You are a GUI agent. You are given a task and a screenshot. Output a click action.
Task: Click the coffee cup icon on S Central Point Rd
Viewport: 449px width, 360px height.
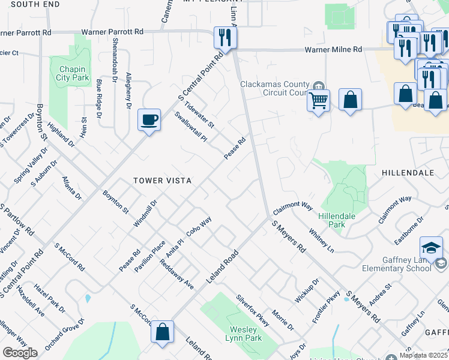148,119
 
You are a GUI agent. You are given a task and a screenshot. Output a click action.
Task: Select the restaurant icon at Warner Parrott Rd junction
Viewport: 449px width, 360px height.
226,38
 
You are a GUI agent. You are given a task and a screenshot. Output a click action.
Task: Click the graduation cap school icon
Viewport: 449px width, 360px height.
431,247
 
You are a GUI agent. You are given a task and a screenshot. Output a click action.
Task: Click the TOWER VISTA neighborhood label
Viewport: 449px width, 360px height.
162,180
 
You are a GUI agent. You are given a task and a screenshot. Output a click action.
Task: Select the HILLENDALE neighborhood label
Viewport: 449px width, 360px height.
408,172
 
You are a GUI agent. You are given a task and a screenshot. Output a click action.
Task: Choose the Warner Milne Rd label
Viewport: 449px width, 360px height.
333,49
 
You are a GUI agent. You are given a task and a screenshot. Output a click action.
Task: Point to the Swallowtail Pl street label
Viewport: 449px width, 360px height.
190,127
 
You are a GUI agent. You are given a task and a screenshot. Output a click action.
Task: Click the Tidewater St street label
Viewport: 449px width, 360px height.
199,112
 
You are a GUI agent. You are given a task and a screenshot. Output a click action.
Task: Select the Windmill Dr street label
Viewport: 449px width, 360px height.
145,212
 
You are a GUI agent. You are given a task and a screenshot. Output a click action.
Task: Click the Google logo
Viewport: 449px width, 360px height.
20,353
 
